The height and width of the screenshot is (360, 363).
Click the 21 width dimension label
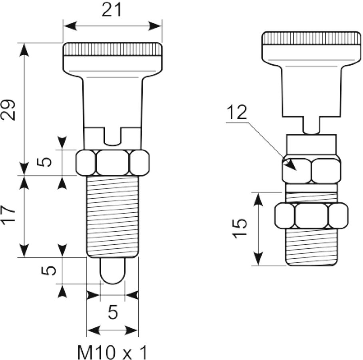[112, 10]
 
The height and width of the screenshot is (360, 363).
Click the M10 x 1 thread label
[112, 352]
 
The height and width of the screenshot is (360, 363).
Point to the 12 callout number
[237, 112]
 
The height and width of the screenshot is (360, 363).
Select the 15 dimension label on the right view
[240, 228]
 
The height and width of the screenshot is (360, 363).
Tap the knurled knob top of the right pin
[311, 38]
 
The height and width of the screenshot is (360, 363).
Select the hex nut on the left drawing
[112, 163]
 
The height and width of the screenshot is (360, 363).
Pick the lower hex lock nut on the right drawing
[311, 216]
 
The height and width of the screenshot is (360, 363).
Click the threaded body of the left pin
[112, 216]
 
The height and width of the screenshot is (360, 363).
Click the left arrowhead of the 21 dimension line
[70, 26]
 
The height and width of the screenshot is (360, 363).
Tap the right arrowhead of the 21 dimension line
[155, 26]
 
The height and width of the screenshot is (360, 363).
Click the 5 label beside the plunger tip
[49, 270]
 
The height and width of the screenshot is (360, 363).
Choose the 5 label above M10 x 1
[113, 312]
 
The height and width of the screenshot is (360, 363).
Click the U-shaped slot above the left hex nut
[112, 136]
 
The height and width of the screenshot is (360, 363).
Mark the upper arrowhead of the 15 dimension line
[258, 200]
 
